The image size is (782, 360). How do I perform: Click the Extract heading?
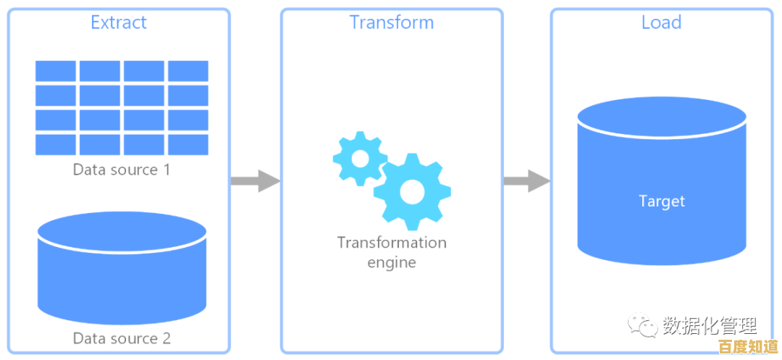(119, 22)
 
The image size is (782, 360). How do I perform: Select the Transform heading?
(392, 22)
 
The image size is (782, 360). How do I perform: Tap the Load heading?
(661, 22)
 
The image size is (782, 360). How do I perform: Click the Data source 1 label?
(122, 170)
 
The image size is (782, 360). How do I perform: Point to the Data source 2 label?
(122, 338)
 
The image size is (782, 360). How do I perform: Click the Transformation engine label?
(392, 251)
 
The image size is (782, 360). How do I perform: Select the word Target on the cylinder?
(662, 201)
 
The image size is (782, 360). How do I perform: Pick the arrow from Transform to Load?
(526, 180)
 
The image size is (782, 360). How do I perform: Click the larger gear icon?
(412, 191)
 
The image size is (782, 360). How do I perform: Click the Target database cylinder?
(662, 181)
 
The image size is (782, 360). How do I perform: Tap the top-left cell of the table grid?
(56, 71)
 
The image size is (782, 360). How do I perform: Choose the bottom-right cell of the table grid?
(188, 144)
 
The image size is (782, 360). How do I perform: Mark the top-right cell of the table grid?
(188, 71)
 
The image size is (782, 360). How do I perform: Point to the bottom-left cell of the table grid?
(56, 144)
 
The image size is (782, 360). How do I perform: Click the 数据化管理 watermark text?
(710, 325)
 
